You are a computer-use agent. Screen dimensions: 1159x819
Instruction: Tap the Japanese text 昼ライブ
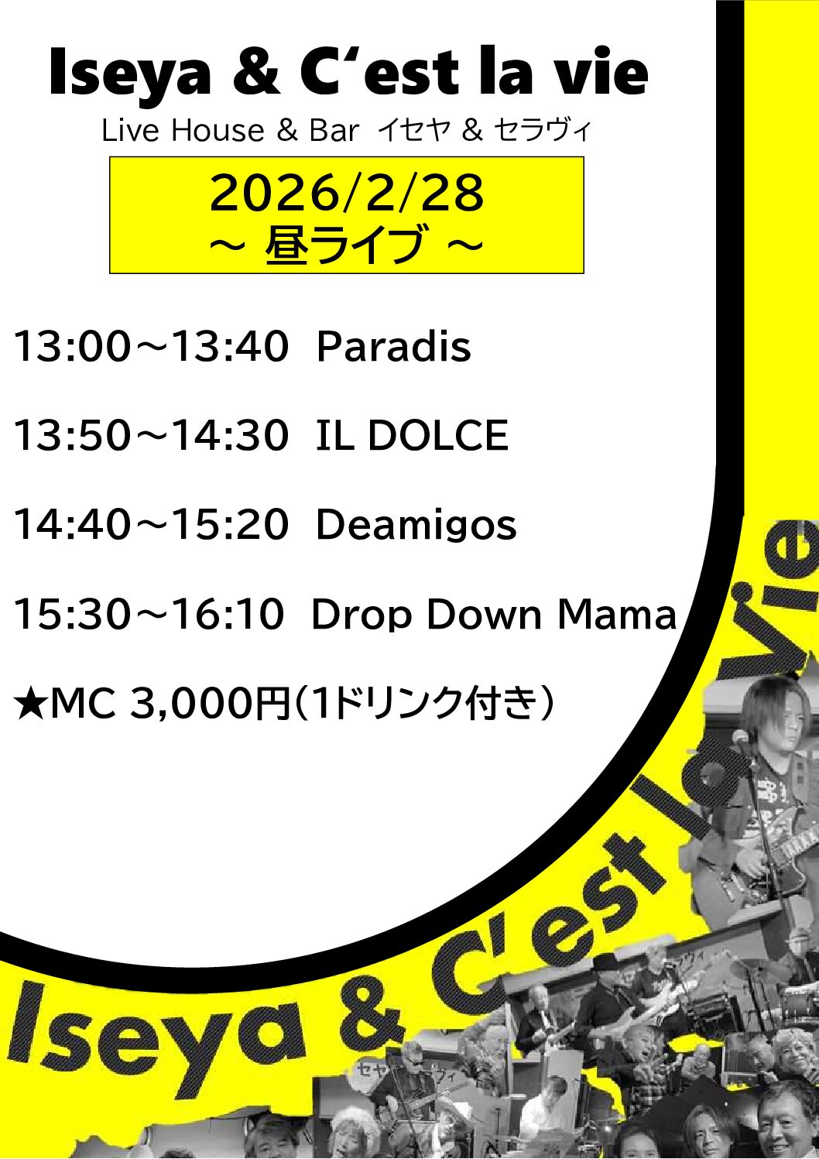pos(345,245)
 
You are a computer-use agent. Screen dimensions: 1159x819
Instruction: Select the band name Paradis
pos(393,346)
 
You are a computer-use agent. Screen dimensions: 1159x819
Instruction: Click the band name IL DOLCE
pos(411,435)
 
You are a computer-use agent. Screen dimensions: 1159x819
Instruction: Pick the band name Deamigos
pos(416,525)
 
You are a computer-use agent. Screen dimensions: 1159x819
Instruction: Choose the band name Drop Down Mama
pos(493,615)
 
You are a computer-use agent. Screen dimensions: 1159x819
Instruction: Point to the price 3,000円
pos(208,705)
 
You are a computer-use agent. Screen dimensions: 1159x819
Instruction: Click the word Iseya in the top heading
pos(129,74)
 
